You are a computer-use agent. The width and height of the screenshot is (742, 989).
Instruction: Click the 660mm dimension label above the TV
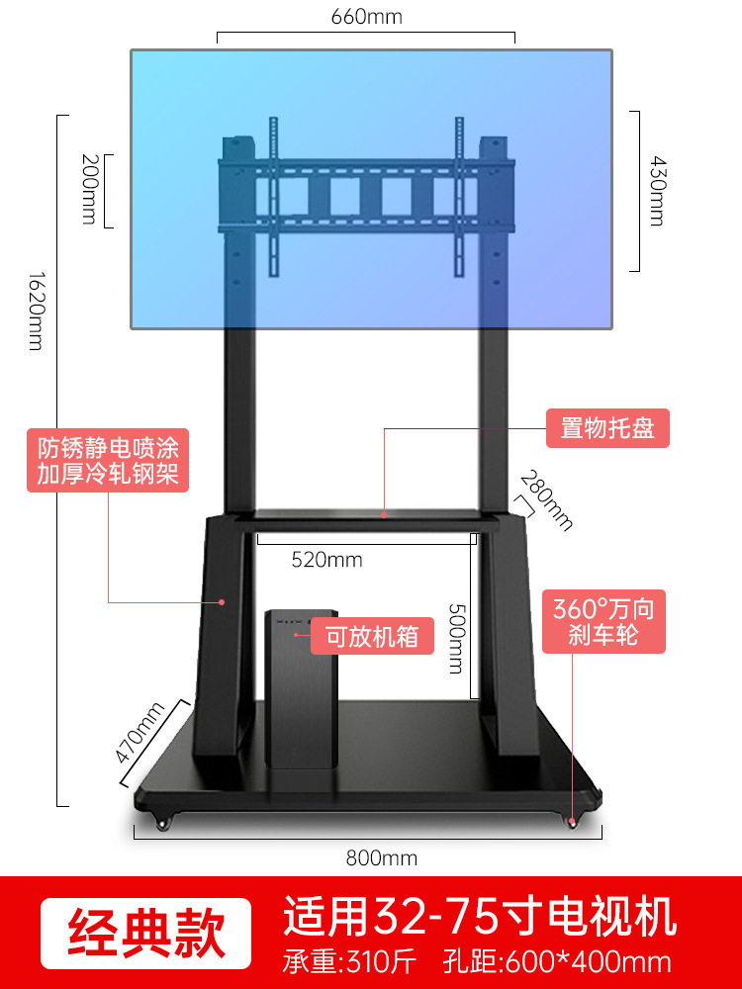point(365,17)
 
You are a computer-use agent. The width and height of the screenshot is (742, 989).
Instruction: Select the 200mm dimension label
point(88,188)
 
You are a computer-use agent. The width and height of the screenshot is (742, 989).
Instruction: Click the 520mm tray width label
point(326,560)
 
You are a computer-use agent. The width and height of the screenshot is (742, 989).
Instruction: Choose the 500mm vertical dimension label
point(455,638)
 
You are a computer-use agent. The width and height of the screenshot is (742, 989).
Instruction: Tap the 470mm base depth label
point(139,731)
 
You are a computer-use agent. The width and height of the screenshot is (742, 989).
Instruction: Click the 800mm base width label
point(381,858)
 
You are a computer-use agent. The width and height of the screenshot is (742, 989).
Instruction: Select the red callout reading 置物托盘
point(607,429)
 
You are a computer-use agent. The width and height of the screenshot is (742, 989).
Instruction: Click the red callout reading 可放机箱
point(372,636)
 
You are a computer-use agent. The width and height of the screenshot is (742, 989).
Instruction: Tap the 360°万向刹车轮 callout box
point(603,620)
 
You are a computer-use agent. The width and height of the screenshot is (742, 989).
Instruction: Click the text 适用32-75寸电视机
point(480,916)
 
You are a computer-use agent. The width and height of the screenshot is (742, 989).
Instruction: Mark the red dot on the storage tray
point(384,513)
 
